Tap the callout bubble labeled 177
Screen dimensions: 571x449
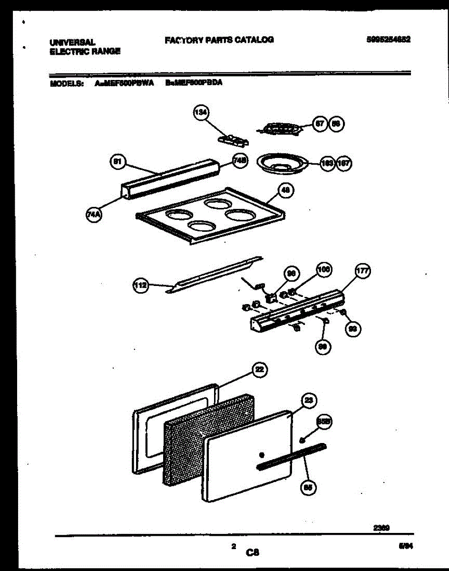pyautogui.click(x=363, y=272)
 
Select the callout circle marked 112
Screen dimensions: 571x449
pyautogui.click(x=141, y=285)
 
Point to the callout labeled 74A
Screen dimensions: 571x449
pyautogui.click(x=91, y=216)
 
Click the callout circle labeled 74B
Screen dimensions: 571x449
pyautogui.click(x=239, y=161)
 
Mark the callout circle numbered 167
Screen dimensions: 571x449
pyautogui.click(x=344, y=164)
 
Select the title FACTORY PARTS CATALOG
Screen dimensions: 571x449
pyautogui.click(x=219, y=40)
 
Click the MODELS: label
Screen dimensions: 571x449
pyautogui.click(x=67, y=82)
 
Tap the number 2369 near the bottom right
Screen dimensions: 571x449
pyautogui.click(x=381, y=527)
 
